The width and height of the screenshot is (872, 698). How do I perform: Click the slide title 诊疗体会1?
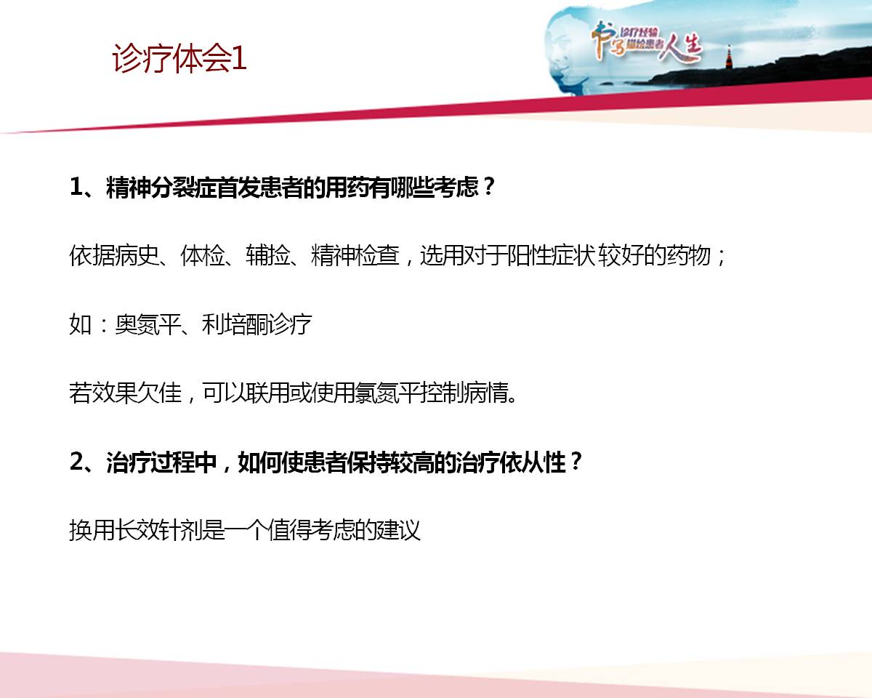pyautogui.click(x=179, y=59)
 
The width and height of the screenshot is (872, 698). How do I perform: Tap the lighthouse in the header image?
pyautogui.click(x=729, y=57)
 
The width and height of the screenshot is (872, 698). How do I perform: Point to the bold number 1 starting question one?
pyautogui.click(x=76, y=187)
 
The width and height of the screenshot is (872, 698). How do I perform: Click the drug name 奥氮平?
pyautogui.click(x=148, y=324)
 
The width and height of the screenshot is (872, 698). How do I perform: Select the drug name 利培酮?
pyautogui.click(x=235, y=324)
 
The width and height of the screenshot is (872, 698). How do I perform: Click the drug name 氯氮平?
pyautogui.click(x=387, y=393)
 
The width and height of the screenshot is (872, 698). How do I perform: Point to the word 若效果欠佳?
pyautogui.click(x=125, y=393)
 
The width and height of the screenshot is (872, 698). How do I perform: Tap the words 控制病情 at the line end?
pyautogui.click(x=464, y=393)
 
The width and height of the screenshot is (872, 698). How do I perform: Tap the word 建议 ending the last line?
pyautogui.click(x=398, y=530)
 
